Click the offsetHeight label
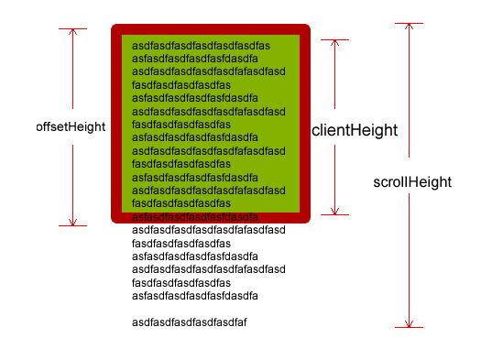point(71,127)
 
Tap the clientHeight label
point(355,130)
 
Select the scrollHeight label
point(412,182)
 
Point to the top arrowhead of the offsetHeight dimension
point(72,31)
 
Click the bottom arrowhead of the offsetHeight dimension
point(72,223)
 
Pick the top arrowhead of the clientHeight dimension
point(334,43)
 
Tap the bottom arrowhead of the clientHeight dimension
point(334,212)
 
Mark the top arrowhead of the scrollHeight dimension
point(409,26)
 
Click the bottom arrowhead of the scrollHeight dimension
point(409,324)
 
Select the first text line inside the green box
point(201,46)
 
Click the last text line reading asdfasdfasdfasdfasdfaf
point(190,322)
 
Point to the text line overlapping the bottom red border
point(195,217)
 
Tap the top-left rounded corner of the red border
point(115,27)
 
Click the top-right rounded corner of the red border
point(307,27)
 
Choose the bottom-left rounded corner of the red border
point(115,220)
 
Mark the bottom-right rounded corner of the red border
point(307,220)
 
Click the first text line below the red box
point(209,230)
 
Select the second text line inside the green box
point(195,59)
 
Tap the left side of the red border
point(116,124)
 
